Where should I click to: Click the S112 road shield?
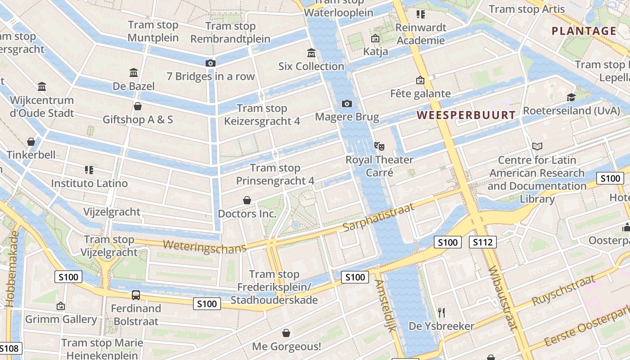click(x=482, y=243)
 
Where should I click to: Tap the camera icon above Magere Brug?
click(x=346, y=104)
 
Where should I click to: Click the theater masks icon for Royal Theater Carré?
click(x=379, y=146)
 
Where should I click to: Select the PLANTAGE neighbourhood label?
click(x=584, y=31)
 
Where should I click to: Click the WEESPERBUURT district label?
click(x=466, y=115)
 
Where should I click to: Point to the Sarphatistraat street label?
click(x=372, y=217)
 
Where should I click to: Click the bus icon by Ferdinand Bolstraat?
click(x=135, y=295)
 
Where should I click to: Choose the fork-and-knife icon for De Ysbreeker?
click(x=441, y=312)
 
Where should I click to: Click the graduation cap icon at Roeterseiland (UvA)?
click(x=571, y=97)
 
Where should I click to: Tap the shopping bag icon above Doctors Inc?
click(x=247, y=200)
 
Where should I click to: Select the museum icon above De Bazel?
click(x=134, y=73)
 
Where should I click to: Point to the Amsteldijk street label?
click(x=385, y=306)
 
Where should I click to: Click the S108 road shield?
click(x=9, y=348)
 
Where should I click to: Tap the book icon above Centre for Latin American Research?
click(x=537, y=146)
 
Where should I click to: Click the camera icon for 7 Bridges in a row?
click(x=210, y=63)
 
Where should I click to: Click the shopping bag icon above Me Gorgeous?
click(x=286, y=333)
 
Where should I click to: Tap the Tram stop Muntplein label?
click(x=153, y=31)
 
